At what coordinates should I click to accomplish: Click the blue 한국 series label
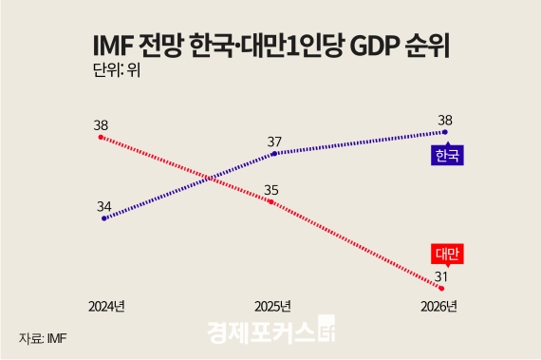pyautogui.click(x=446, y=156)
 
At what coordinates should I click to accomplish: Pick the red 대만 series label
pyautogui.click(x=446, y=254)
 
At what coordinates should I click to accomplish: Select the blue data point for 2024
pyautogui.click(x=102, y=218)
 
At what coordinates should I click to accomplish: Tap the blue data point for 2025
pyautogui.click(x=273, y=153)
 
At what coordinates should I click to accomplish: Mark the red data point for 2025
pyautogui.click(x=273, y=201)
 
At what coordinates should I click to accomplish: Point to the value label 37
pyautogui.click(x=274, y=140)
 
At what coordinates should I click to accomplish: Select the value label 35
pyautogui.click(x=274, y=188)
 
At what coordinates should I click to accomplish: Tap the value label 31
pyautogui.click(x=440, y=275)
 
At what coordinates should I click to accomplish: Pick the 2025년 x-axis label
pyautogui.click(x=273, y=307)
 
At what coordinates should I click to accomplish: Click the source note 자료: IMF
pyautogui.click(x=45, y=337)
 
